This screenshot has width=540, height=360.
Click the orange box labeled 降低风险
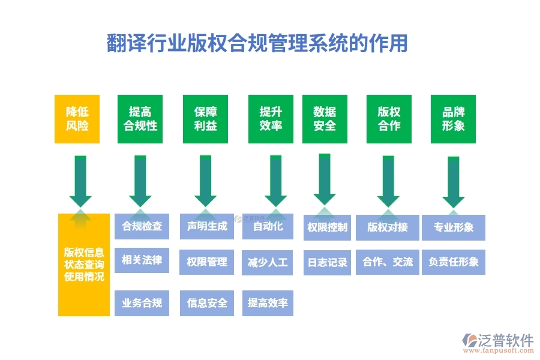tap(77, 119)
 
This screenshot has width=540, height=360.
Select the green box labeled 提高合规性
tap(140, 119)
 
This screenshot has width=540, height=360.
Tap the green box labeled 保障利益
tap(205, 119)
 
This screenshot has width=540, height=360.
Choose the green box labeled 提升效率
tap(271, 119)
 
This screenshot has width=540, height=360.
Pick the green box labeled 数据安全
tap(325, 119)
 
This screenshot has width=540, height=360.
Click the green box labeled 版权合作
tap(389, 119)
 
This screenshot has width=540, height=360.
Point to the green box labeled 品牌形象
tap(453, 119)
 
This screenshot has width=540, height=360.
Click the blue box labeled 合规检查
tap(142, 227)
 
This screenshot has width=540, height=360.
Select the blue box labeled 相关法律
tap(142, 260)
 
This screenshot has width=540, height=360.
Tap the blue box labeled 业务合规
tap(142, 303)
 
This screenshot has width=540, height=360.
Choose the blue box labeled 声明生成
tap(206, 227)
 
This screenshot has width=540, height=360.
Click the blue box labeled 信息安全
tap(206, 303)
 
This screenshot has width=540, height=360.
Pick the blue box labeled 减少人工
tap(268, 262)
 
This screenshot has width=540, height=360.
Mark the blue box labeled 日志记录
tap(328, 262)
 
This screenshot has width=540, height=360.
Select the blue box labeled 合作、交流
tap(388, 262)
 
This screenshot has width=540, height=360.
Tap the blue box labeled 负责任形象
tap(454, 262)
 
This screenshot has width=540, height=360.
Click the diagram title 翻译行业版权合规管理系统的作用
tap(257, 44)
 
